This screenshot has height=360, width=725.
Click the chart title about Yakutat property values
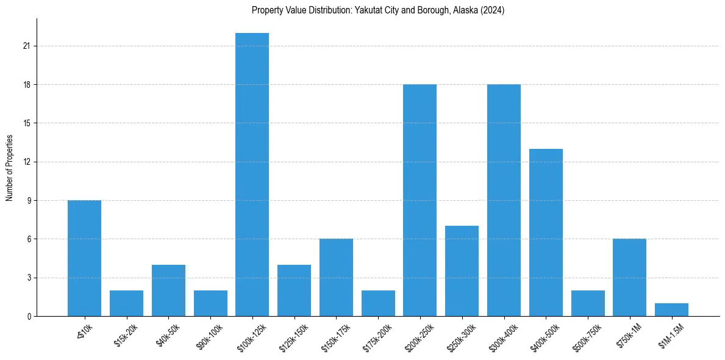pyautogui.click(x=378, y=10)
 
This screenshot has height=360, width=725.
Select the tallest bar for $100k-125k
pyautogui.click(x=252, y=175)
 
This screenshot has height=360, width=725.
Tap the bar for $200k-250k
pyautogui.click(x=420, y=200)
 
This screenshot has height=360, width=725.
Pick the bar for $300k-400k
pyautogui.click(x=504, y=200)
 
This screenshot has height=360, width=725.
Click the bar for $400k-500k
pyautogui.click(x=546, y=232)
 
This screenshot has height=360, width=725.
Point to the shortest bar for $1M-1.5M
pyautogui.click(x=671, y=310)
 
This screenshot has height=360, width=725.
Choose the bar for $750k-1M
pyautogui.click(x=629, y=278)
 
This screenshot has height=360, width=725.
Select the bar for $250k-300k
pyautogui.click(x=462, y=271)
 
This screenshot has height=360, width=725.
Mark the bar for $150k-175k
pyautogui.click(x=336, y=278)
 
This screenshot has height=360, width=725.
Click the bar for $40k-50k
pyautogui.click(x=168, y=290)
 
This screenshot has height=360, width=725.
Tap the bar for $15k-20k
pyautogui.click(x=126, y=303)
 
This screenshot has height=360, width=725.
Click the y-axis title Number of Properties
pyautogui.click(x=10, y=168)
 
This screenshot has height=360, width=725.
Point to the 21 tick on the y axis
pyautogui.click(x=27, y=46)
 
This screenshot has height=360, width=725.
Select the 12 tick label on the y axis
pyautogui.click(x=27, y=162)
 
